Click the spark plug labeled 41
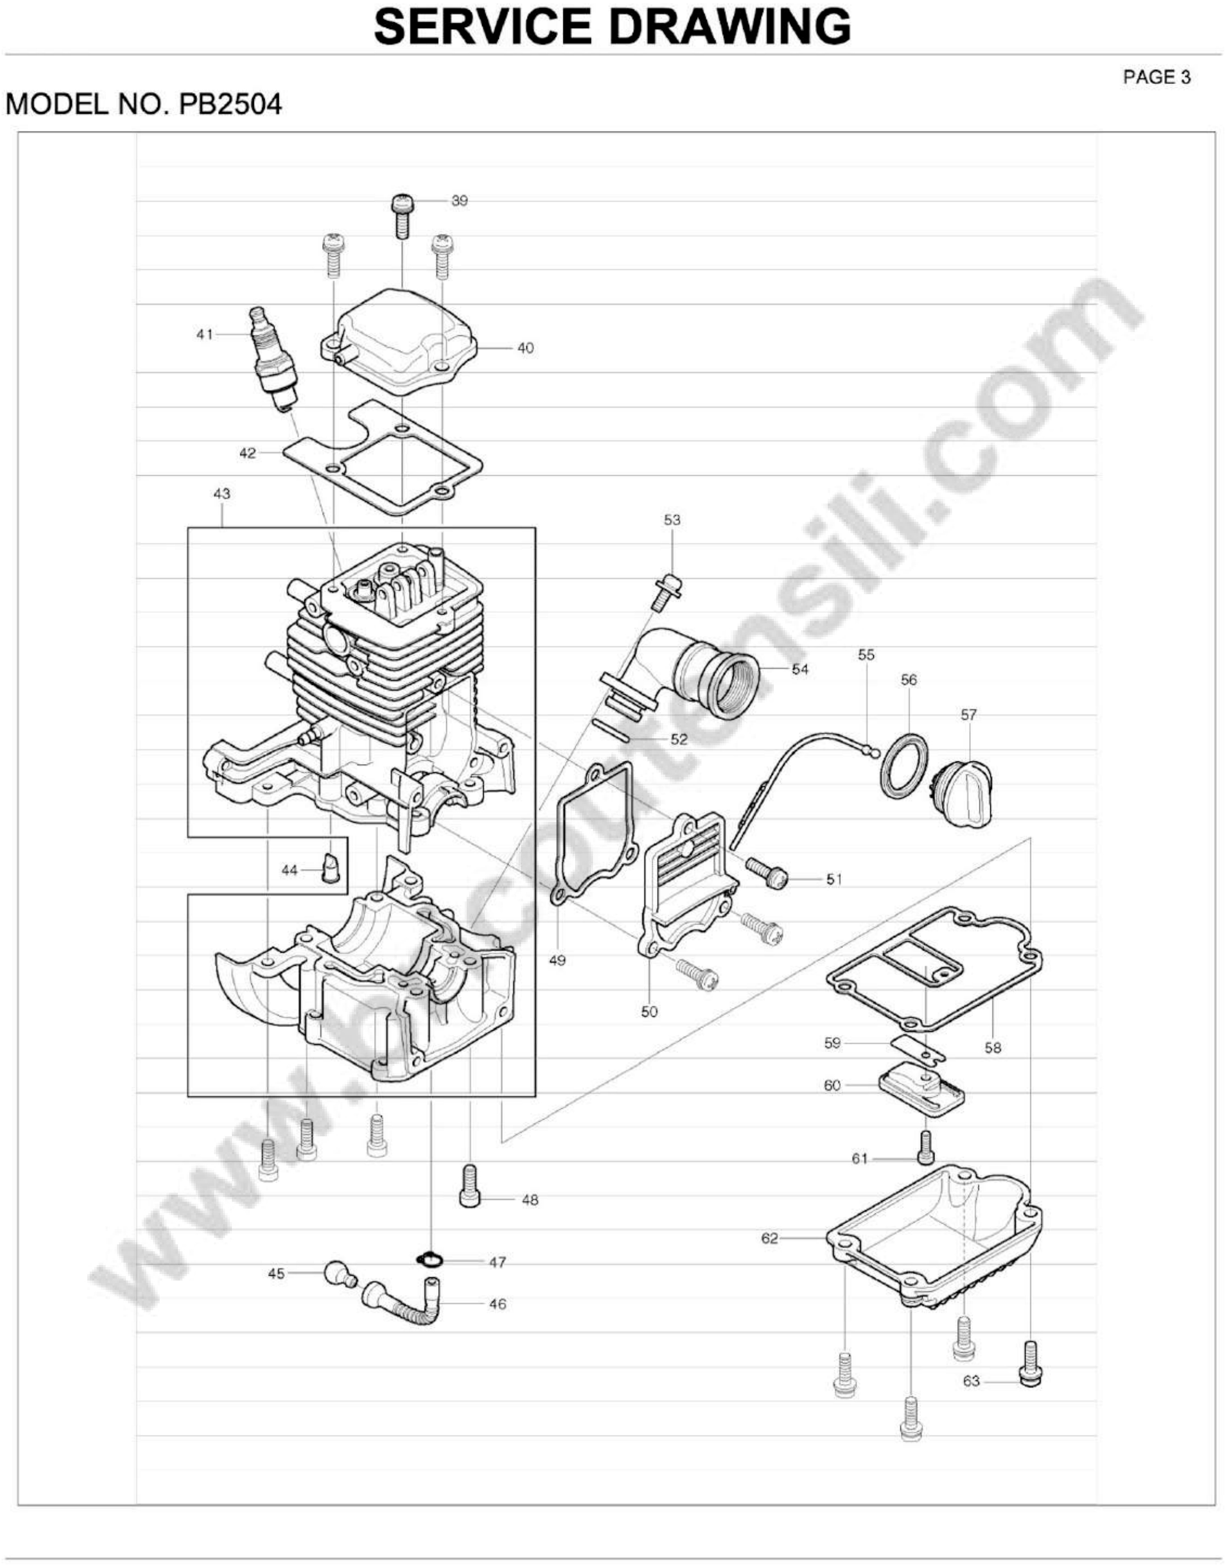[273, 359]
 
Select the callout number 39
[459, 201]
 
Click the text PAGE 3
[1156, 78]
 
